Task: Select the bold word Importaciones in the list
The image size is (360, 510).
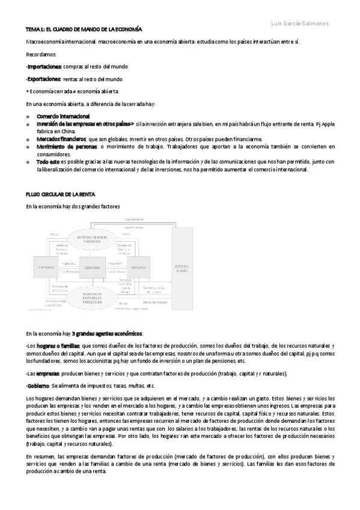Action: point(44,66)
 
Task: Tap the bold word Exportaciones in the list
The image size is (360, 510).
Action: point(44,79)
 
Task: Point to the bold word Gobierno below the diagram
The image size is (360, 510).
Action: point(38,386)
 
